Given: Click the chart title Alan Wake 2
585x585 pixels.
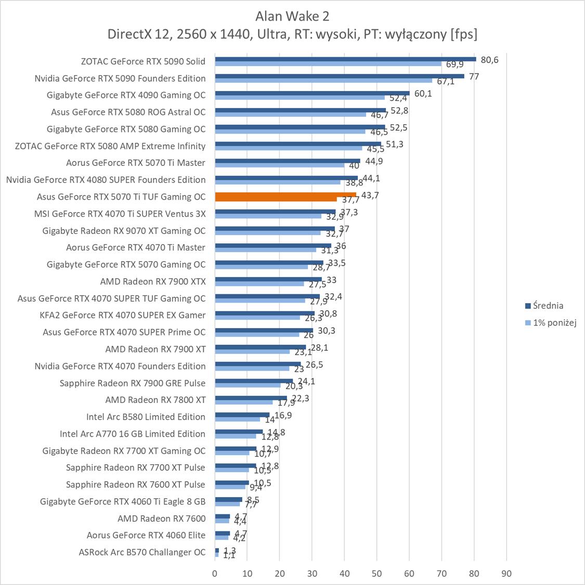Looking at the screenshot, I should coord(292,16).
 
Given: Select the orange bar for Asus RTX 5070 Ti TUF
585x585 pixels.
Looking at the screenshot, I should coord(285,197).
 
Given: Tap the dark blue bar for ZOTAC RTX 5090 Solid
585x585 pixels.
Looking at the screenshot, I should coord(345,59).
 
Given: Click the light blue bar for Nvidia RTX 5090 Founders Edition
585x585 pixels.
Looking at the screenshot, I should coord(323,81).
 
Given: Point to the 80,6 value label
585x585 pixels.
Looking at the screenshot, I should coord(489,60).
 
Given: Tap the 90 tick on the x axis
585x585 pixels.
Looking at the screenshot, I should coord(506,574).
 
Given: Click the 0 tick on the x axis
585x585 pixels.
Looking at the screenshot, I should coord(215,574).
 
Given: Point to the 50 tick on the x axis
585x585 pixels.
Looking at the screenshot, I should coord(377,574).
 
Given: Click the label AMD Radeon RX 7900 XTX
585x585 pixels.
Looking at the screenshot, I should coord(153,281).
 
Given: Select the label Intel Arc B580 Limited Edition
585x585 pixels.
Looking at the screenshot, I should coord(146,417).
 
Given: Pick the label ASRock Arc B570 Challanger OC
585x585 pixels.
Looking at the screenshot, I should coord(142,552).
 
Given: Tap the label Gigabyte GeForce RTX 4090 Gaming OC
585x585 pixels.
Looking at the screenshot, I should coord(126,95).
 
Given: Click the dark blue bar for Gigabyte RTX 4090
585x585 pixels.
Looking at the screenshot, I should coord(312,93).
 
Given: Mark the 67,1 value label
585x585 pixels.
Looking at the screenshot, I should coord(445,82).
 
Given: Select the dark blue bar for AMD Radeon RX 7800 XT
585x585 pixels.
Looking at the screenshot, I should coord(251,398).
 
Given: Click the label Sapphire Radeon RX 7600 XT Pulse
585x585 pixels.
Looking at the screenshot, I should coord(135,484).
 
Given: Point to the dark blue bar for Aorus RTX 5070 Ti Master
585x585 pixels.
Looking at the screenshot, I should coord(288,161).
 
